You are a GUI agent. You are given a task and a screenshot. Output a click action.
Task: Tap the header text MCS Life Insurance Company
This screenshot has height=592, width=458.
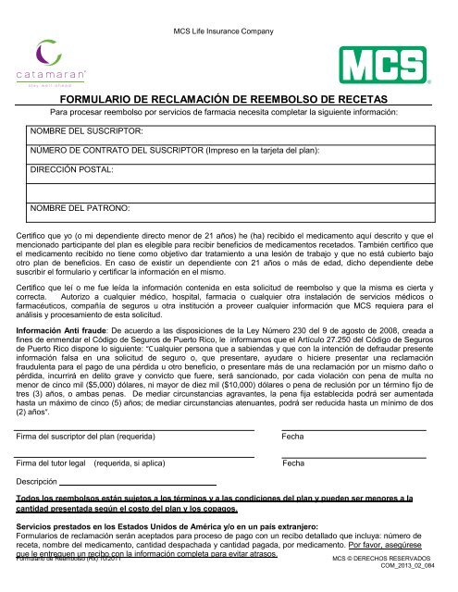click(228, 7)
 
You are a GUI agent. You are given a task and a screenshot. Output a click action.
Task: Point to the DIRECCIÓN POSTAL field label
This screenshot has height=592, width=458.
click(72, 170)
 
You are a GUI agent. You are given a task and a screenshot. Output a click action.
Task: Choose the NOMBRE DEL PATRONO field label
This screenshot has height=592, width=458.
click(80, 210)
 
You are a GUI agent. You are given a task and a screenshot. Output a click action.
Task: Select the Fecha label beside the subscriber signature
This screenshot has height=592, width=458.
click(293, 436)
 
